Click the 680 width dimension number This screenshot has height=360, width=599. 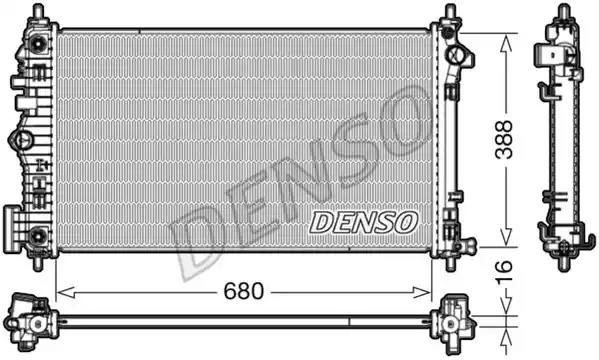pos(243,291)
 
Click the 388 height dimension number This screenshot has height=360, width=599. pos(504,139)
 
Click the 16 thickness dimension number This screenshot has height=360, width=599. pos(504,272)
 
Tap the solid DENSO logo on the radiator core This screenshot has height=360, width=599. pos(363,222)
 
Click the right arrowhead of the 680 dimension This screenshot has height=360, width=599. pos(423,293)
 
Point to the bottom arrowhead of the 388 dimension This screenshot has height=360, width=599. pos(506,237)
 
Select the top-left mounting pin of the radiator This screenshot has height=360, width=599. pos(38,11)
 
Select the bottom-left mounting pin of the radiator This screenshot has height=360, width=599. pos(38,264)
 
